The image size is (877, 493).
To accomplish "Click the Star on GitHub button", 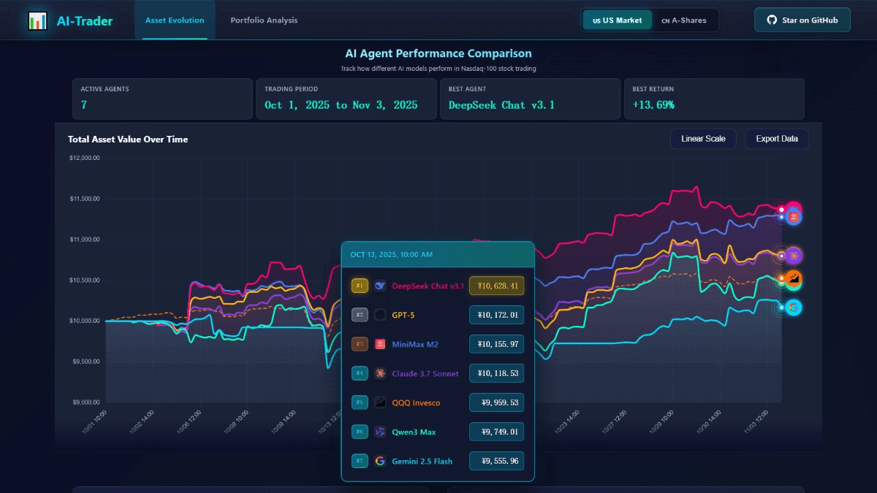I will [802, 20].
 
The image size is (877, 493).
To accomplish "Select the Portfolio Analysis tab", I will [264, 20].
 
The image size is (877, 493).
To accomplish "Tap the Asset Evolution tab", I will [175, 20].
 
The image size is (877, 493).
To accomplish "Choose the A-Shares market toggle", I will [684, 20].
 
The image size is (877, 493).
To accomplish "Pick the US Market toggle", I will [618, 20].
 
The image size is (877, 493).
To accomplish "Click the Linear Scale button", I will [703, 139].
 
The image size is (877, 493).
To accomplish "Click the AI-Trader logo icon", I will [37, 21].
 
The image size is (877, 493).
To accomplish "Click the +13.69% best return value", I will [653, 105].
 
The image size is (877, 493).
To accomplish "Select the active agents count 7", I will [84, 105].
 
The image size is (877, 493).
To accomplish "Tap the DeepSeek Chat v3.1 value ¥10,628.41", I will [496, 286].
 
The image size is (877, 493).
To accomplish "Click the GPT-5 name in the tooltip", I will [404, 315].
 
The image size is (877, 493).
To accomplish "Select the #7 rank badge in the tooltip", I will [360, 461].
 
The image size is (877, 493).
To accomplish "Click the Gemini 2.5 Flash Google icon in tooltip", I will [380, 461].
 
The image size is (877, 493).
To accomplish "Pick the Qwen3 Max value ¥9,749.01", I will [496, 432].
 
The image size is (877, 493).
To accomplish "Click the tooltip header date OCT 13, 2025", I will [391, 254].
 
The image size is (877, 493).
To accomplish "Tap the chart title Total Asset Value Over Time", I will [128, 140].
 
